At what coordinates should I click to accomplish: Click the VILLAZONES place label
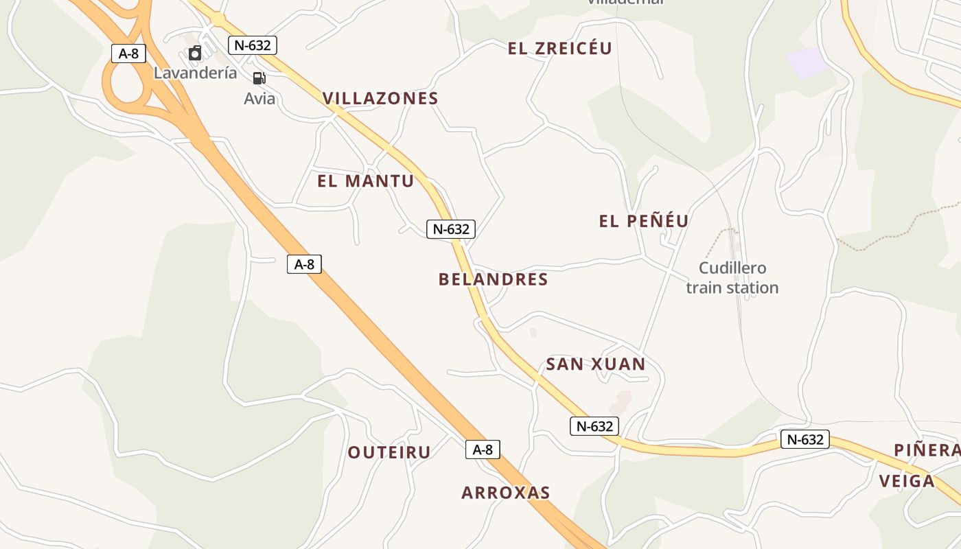pos(380,98)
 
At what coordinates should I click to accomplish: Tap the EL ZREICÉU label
pos(559,49)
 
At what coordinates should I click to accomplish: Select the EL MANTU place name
pos(366,181)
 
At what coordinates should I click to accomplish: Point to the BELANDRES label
pos(493,279)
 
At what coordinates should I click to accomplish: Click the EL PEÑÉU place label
pos(644,221)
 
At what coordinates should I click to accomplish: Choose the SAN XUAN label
pos(596,364)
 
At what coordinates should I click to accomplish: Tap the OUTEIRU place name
pos(389,452)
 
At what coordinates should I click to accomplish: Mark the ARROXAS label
pos(506,493)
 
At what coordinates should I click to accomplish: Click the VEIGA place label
pos(907,481)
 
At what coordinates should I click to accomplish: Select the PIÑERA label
pos(927,450)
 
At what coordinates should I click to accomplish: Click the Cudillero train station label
pos(732,278)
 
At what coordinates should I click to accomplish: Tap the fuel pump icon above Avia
pos(259,78)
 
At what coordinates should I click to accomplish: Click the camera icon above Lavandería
pos(195,53)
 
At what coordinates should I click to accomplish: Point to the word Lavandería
pos(195,73)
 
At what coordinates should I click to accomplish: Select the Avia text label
pos(259,99)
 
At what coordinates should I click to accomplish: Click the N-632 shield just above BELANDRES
pos(451,229)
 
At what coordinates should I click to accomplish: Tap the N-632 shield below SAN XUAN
pos(594,426)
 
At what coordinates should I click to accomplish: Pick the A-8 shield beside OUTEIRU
pos(483,449)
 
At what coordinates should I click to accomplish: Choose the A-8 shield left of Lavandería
pos(128,54)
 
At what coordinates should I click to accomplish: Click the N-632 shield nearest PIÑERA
pos(805,439)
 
